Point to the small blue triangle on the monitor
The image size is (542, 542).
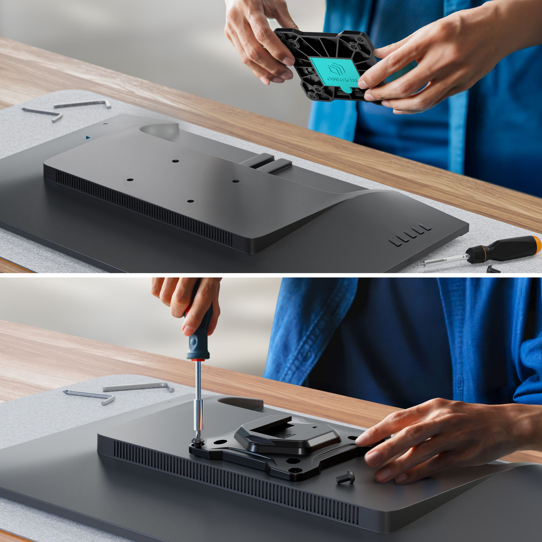[88, 138]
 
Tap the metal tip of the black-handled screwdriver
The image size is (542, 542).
[421, 263]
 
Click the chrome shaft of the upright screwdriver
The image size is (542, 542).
[198, 398]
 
